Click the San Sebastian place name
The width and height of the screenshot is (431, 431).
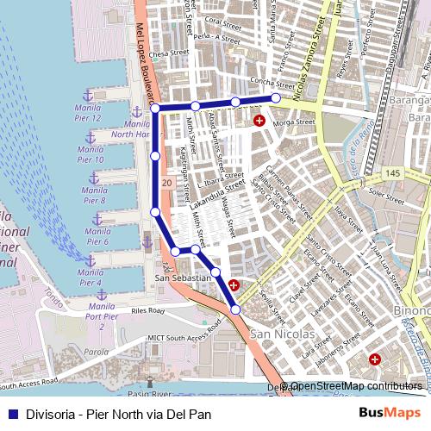(x=182, y=278)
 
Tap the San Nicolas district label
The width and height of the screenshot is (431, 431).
(x=277, y=334)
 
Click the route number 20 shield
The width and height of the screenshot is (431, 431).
(x=166, y=184)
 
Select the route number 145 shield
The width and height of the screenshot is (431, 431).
(x=394, y=175)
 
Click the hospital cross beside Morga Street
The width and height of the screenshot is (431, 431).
(x=259, y=122)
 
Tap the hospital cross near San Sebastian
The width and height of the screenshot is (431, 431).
(x=234, y=283)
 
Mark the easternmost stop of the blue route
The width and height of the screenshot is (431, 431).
(x=276, y=98)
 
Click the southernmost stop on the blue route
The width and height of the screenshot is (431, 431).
(x=235, y=309)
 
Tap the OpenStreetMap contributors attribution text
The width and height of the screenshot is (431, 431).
(x=355, y=386)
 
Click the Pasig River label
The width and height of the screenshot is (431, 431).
(x=148, y=394)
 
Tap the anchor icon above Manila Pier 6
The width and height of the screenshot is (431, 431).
(x=97, y=219)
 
